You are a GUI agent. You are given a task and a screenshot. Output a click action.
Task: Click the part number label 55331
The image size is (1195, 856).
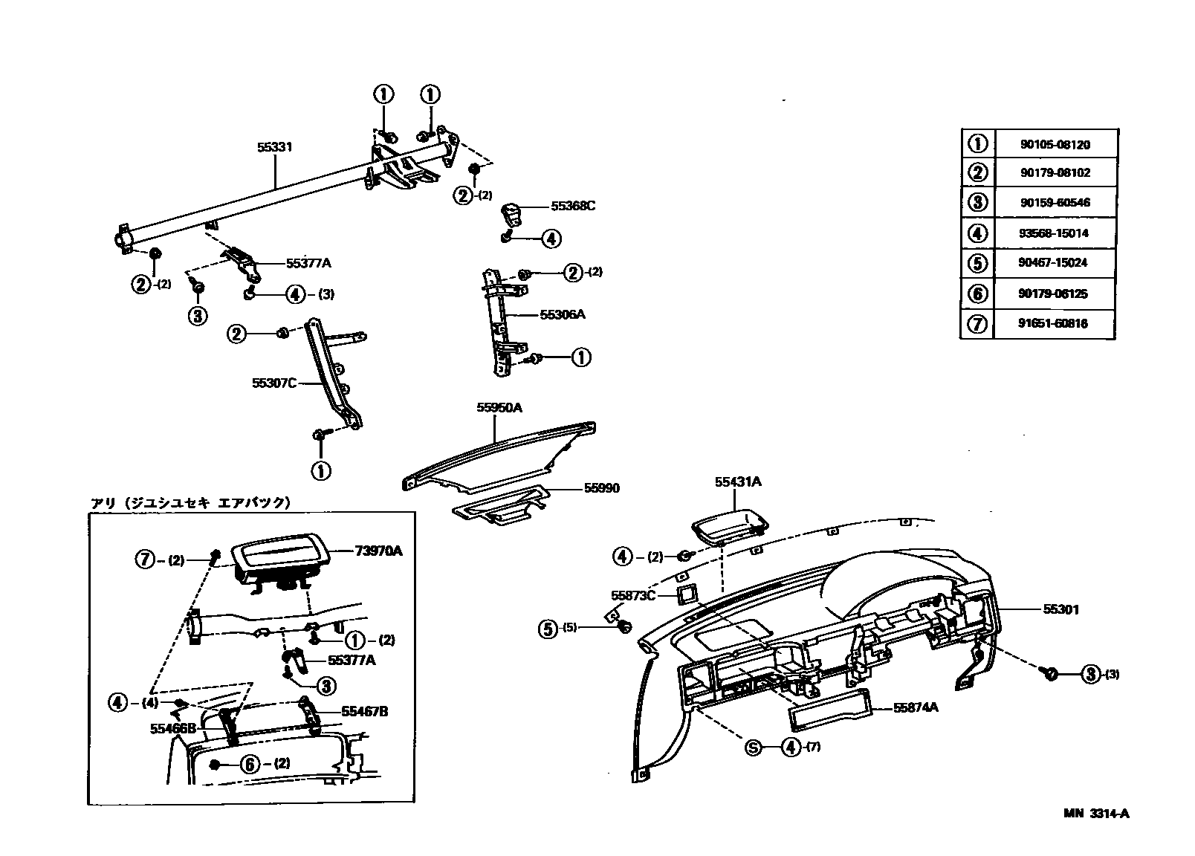(275, 147)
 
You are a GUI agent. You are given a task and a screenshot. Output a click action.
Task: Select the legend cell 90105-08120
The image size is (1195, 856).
(1054, 145)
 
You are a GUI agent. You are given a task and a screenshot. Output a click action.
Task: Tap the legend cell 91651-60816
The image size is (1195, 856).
(1054, 323)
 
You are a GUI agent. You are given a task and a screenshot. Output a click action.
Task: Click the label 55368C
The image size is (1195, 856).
(573, 206)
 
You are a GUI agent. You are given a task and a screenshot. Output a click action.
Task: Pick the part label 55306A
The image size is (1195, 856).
(563, 314)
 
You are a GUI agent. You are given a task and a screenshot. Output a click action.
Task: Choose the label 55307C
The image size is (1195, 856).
(274, 383)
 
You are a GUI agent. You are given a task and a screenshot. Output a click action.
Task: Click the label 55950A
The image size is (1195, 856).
(499, 407)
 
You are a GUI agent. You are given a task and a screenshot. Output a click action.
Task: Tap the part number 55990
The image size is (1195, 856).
(601, 488)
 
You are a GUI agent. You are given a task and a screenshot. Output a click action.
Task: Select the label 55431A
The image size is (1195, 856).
(738, 481)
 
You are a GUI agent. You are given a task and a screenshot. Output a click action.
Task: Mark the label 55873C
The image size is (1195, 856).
(633, 595)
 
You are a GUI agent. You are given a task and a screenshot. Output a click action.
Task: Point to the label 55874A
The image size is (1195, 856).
(916, 707)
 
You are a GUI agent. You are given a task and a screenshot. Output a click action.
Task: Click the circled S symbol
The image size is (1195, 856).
(754, 748)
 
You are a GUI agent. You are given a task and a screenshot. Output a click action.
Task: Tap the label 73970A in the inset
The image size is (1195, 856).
(378, 551)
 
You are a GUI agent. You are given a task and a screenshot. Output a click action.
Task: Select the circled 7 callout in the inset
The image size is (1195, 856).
(146, 560)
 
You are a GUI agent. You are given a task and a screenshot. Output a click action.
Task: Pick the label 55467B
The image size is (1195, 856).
(365, 711)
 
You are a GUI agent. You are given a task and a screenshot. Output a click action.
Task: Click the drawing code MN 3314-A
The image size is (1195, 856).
(1095, 813)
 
